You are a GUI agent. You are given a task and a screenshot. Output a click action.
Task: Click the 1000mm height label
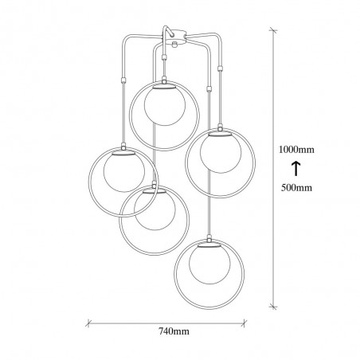tap(296, 150)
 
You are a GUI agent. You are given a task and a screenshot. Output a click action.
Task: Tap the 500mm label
tap(296, 188)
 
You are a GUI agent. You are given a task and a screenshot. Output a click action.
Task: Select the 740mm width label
tap(174, 331)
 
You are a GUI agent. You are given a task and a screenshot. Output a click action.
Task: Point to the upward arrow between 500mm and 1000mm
tap(296, 169)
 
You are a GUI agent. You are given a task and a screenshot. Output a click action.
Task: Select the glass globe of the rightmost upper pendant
tap(221, 153)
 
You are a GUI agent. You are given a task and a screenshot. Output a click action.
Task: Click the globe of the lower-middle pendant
tap(155, 209)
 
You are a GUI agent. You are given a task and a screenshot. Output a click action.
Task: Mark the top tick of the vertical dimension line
tap(273, 30)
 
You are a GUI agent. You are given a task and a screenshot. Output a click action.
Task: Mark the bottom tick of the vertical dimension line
tap(273, 307)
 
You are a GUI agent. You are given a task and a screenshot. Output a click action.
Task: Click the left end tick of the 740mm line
tap(88, 323)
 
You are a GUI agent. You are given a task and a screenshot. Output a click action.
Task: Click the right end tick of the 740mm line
tap(244, 323)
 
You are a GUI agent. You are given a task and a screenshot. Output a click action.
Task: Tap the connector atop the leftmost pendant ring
tap(123, 146)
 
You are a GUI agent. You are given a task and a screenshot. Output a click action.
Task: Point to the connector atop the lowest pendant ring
tap(209, 238)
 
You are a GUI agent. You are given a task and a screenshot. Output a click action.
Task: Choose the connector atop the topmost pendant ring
tap(164, 79)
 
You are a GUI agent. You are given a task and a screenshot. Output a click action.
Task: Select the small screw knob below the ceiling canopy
tap(174, 45)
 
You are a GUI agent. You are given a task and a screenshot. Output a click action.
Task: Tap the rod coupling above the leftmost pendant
tap(123, 80)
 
